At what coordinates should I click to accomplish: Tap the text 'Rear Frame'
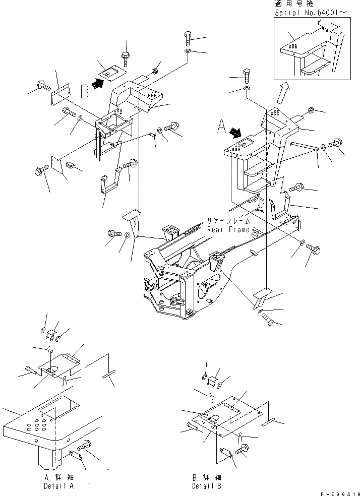pyautogui.click(x=228, y=230)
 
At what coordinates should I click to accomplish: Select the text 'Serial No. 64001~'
pyautogui.click(x=310, y=13)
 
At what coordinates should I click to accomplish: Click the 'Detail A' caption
pyautogui.click(x=59, y=486)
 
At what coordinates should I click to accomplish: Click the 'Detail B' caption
pyautogui.click(x=207, y=486)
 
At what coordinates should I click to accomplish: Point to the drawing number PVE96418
pyautogui.click(x=340, y=493)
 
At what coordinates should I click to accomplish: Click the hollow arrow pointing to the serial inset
pyautogui.click(x=282, y=92)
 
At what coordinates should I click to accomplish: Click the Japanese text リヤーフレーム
pyautogui.click(x=229, y=220)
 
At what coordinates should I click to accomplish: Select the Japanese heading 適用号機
pyautogui.click(x=294, y=4)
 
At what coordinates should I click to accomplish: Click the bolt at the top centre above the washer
pyautogui.click(x=187, y=39)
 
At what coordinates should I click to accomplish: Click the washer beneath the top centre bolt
pyautogui.click(x=187, y=51)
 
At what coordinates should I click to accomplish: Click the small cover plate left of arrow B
pyautogui.click(x=111, y=73)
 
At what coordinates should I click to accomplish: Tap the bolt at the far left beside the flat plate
pyautogui.click(x=44, y=85)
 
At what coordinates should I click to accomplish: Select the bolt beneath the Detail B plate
pyautogui.click(x=243, y=449)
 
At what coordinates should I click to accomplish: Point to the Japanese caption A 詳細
pyautogui.click(x=59, y=477)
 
